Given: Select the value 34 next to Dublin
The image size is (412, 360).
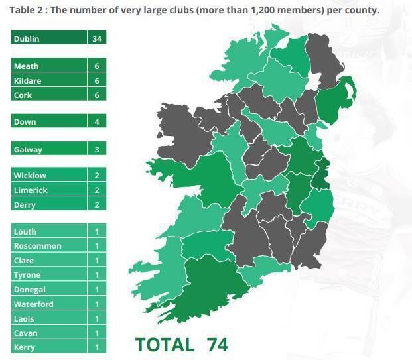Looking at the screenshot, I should [x=97, y=38].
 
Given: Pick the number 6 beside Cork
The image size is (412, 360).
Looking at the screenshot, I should [x=97, y=95].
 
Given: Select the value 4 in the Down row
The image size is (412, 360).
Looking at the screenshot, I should [x=97, y=122].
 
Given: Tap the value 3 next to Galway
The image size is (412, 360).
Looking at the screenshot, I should [x=97, y=149].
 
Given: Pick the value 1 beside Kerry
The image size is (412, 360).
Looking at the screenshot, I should [x=97, y=347].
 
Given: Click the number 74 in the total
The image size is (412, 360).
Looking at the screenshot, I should [x=216, y=345].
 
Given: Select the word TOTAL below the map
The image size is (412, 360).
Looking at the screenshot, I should [x=165, y=345].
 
